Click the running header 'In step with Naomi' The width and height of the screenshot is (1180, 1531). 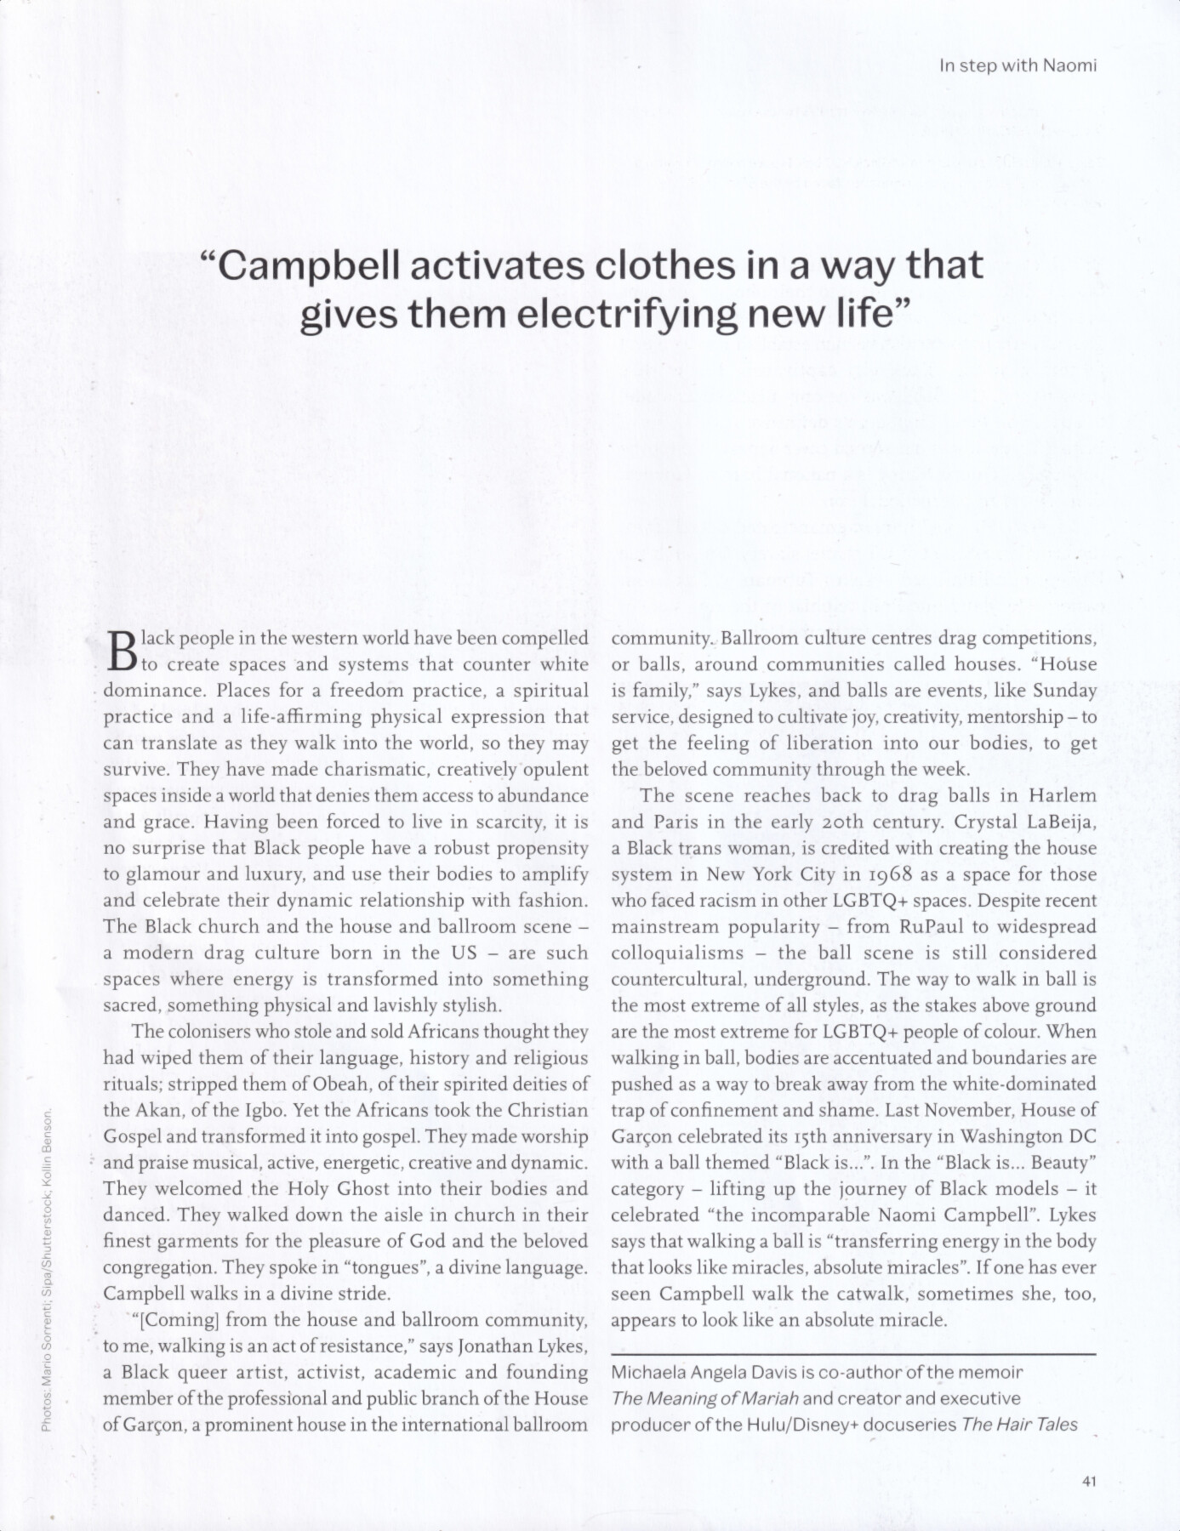pyautogui.click(x=1018, y=65)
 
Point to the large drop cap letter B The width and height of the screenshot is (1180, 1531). pyautogui.click(x=123, y=651)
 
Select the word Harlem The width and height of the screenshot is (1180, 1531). pyautogui.click(x=1063, y=795)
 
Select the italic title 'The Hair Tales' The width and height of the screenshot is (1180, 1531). pyautogui.click(x=1019, y=1425)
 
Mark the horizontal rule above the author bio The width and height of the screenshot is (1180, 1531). pyautogui.click(x=854, y=1353)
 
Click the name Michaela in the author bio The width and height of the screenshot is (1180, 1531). pyautogui.click(x=649, y=1372)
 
